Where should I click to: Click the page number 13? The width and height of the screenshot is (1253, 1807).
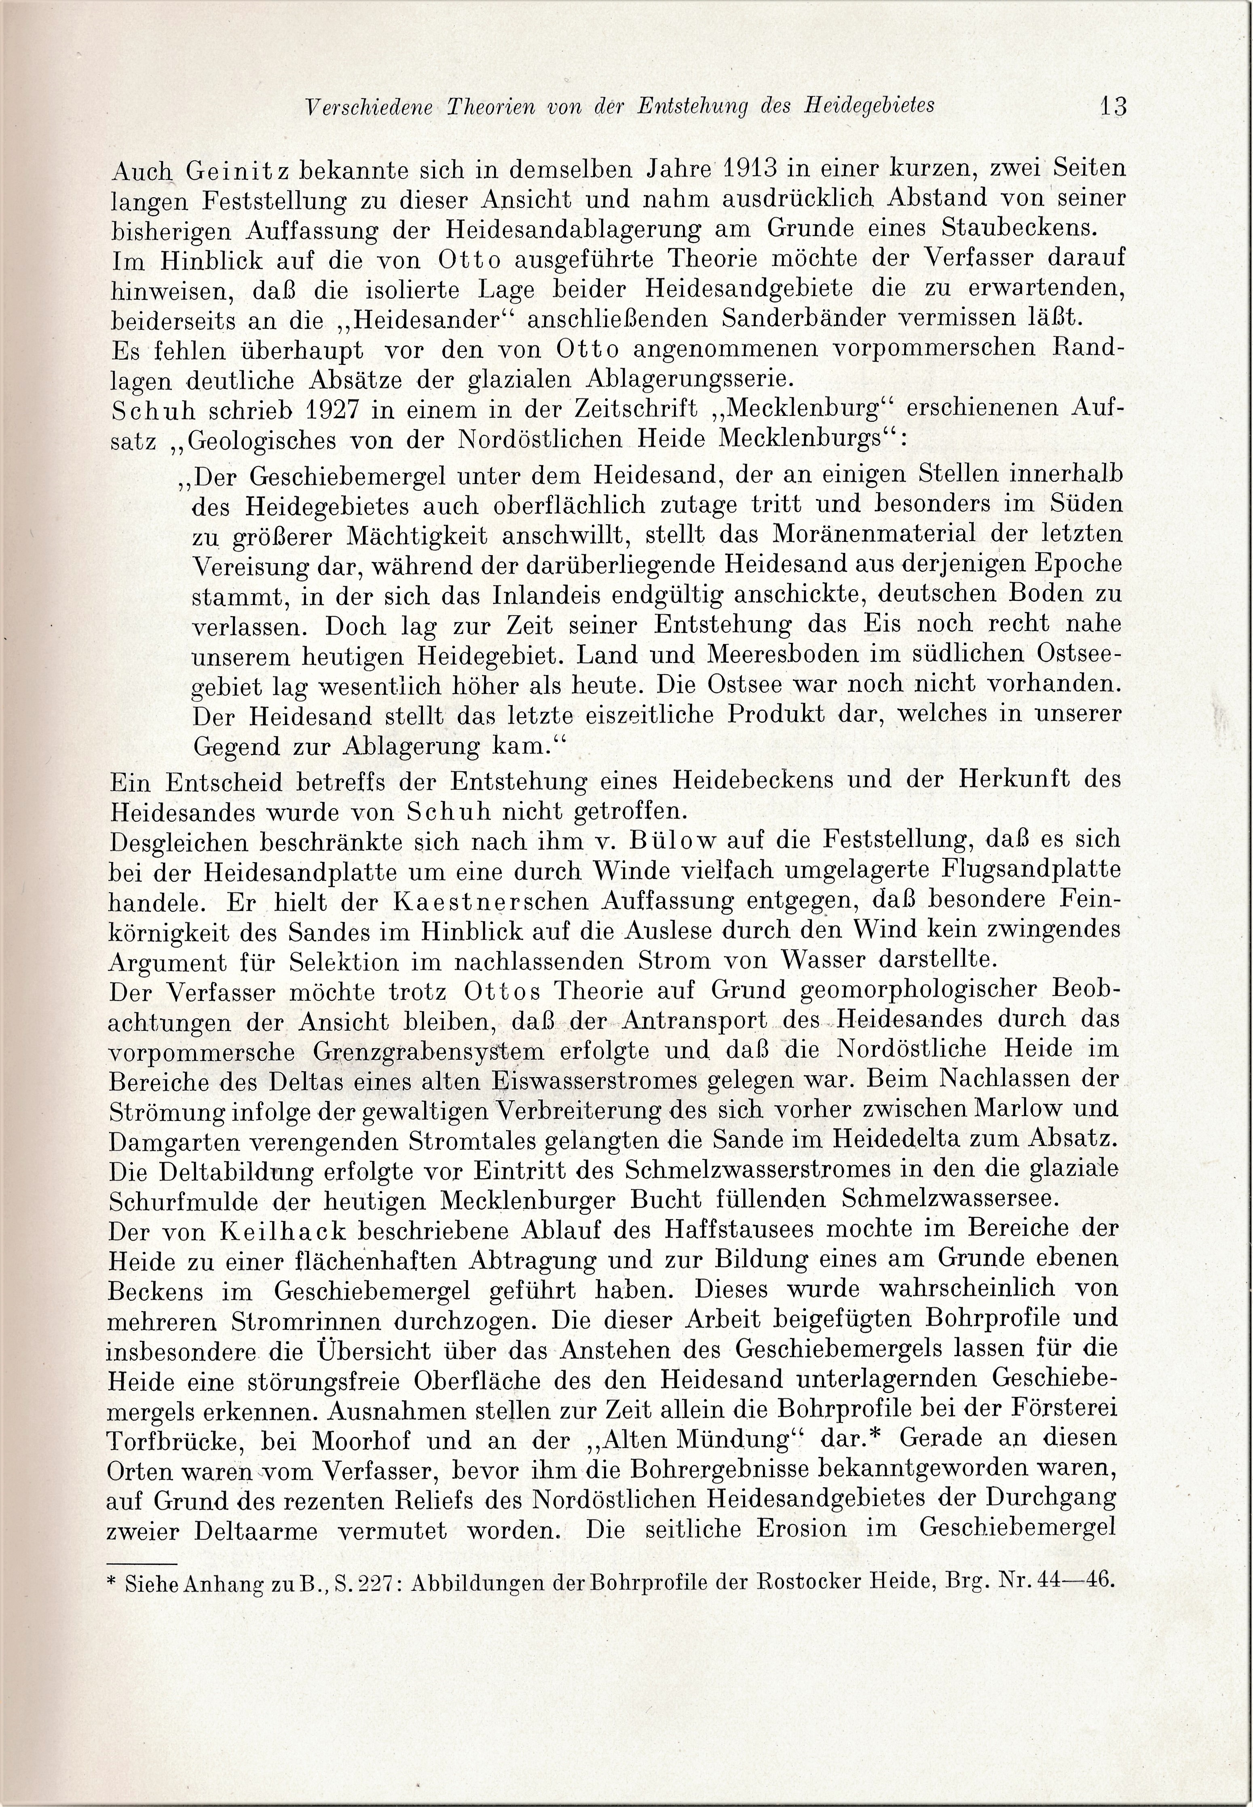(1113, 106)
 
